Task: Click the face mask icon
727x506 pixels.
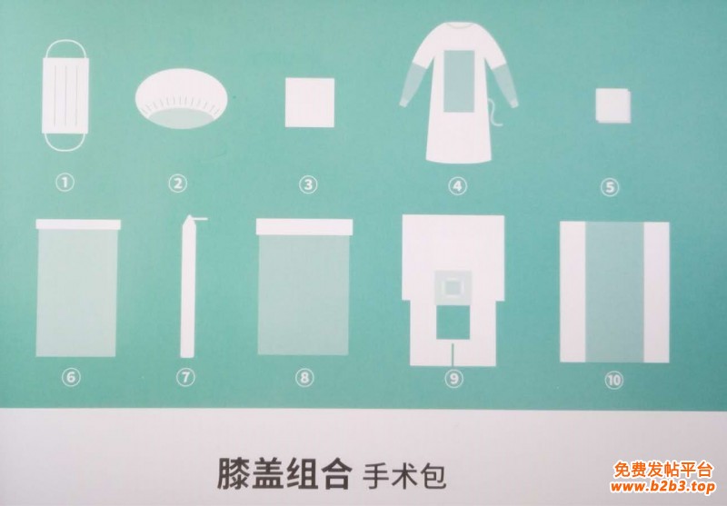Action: point(65,95)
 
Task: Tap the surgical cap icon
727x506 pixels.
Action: point(181,99)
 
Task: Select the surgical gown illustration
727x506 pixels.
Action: point(459,93)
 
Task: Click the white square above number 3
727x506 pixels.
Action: point(310,103)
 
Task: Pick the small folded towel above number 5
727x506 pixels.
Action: point(612,106)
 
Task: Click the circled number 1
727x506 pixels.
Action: point(65,182)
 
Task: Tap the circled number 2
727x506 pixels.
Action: point(177,184)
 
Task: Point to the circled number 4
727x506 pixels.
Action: point(458,186)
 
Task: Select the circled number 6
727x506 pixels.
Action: point(71,377)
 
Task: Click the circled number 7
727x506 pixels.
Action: point(185,377)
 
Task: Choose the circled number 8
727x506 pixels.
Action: point(304,378)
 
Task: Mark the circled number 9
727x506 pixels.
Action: point(453,379)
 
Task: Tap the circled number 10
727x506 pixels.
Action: point(613,381)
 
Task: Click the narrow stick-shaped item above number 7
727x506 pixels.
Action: point(188,287)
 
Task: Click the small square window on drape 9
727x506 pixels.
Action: point(452,288)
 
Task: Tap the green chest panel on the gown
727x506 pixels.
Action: point(459,81)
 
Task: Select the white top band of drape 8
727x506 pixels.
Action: point(304,227)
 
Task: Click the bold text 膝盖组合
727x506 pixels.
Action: point(283,473)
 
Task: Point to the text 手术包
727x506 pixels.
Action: point(403,475)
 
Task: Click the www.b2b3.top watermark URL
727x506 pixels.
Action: point(662,487)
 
